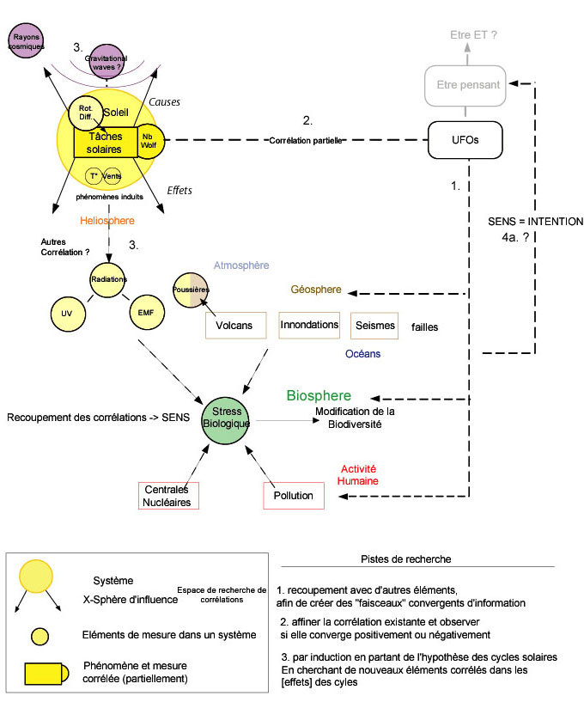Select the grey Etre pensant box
[465, 86]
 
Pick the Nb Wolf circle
[149, 142]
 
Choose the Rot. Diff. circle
[84, 111]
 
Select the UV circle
[66, 314]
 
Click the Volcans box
[234, 326]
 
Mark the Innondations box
[309, 325]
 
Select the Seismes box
[374, 325]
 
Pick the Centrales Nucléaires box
[167, 496]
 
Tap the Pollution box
[294, 496]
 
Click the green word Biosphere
[319, 395]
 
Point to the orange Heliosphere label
[107, 221]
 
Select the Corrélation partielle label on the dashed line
[306, 139]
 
